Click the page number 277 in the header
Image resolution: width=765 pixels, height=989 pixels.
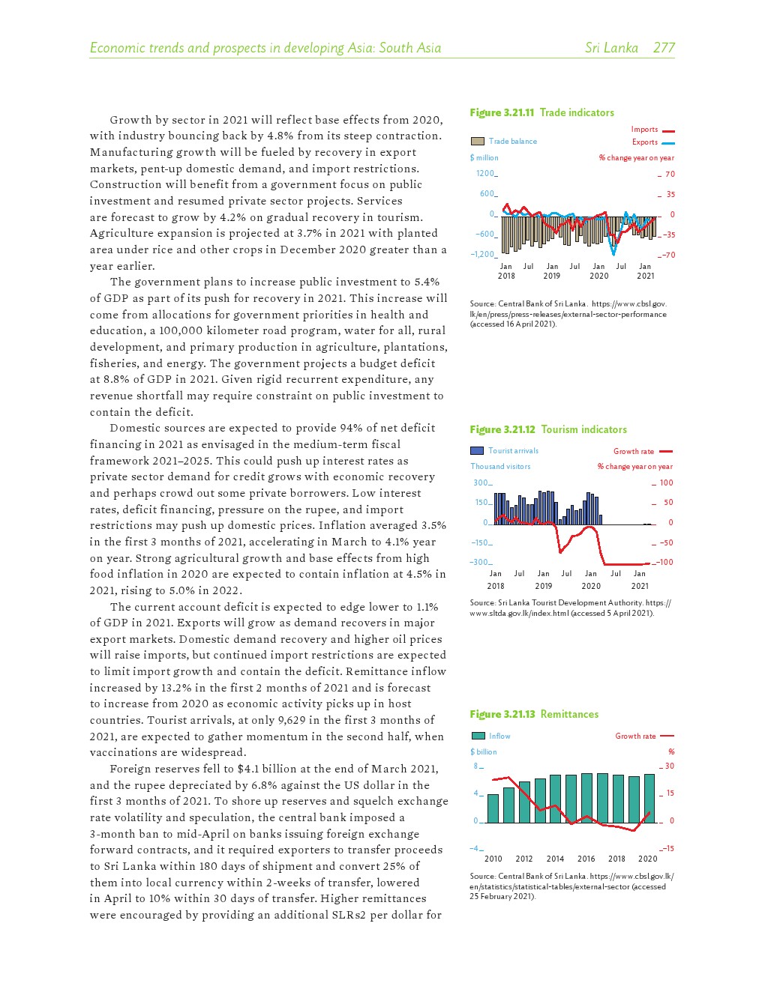coord(664,48)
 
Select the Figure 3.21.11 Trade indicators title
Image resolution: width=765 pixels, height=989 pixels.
coord(541,112)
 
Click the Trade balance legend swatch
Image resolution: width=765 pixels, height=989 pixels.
coord(477,141)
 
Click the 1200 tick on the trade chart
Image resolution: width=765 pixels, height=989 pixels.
coord(485,174)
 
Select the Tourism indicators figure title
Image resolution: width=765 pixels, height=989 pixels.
coord(548,429)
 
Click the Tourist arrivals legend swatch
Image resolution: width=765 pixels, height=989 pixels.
coord(476,450)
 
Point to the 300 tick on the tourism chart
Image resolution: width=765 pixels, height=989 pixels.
coord(481,483)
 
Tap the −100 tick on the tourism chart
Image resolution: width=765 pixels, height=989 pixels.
coord(665,562)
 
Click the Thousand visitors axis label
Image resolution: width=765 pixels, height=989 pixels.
coord(500,466)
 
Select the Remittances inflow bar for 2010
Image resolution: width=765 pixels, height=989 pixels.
coord(493,808)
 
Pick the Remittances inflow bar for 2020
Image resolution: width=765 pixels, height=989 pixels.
coord(649,799)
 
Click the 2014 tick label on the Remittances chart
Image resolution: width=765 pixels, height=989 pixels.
coord(555,859)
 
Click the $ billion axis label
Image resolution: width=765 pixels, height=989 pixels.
coord(483,751)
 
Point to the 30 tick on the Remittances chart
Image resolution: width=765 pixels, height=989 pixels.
coord(669,766)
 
